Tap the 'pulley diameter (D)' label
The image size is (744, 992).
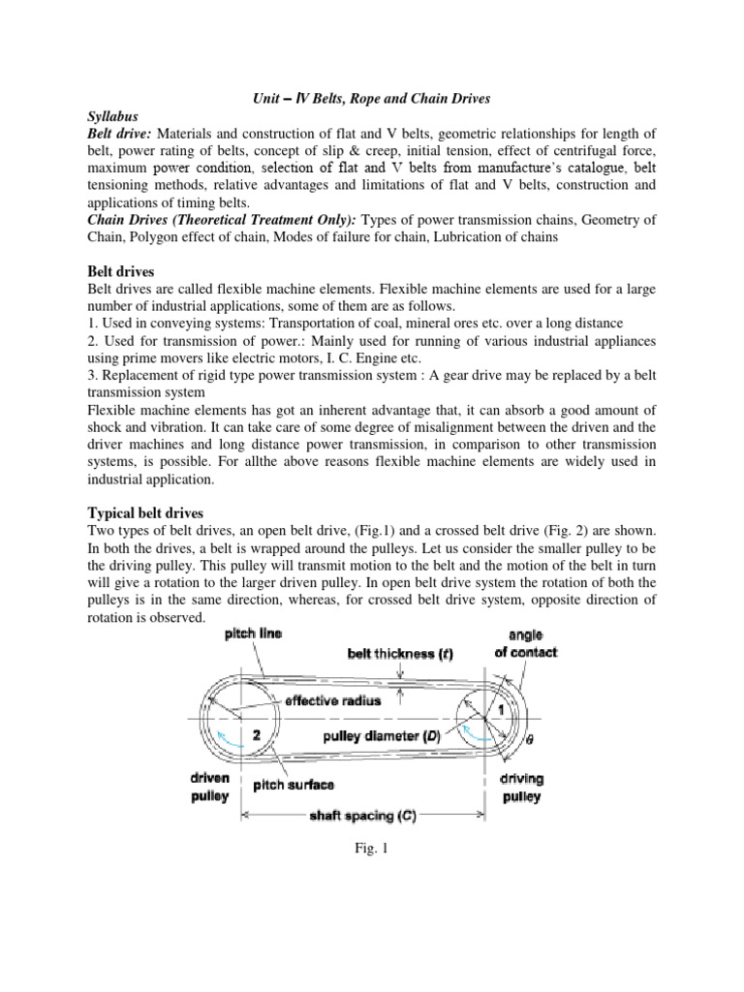[382, 736]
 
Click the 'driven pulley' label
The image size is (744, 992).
[208, 787]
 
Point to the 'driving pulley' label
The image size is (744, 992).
[520, 787]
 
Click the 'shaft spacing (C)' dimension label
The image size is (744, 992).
[363, 817]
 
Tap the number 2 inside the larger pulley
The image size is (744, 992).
[256, 734]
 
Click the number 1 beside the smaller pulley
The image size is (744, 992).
[502, 710]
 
